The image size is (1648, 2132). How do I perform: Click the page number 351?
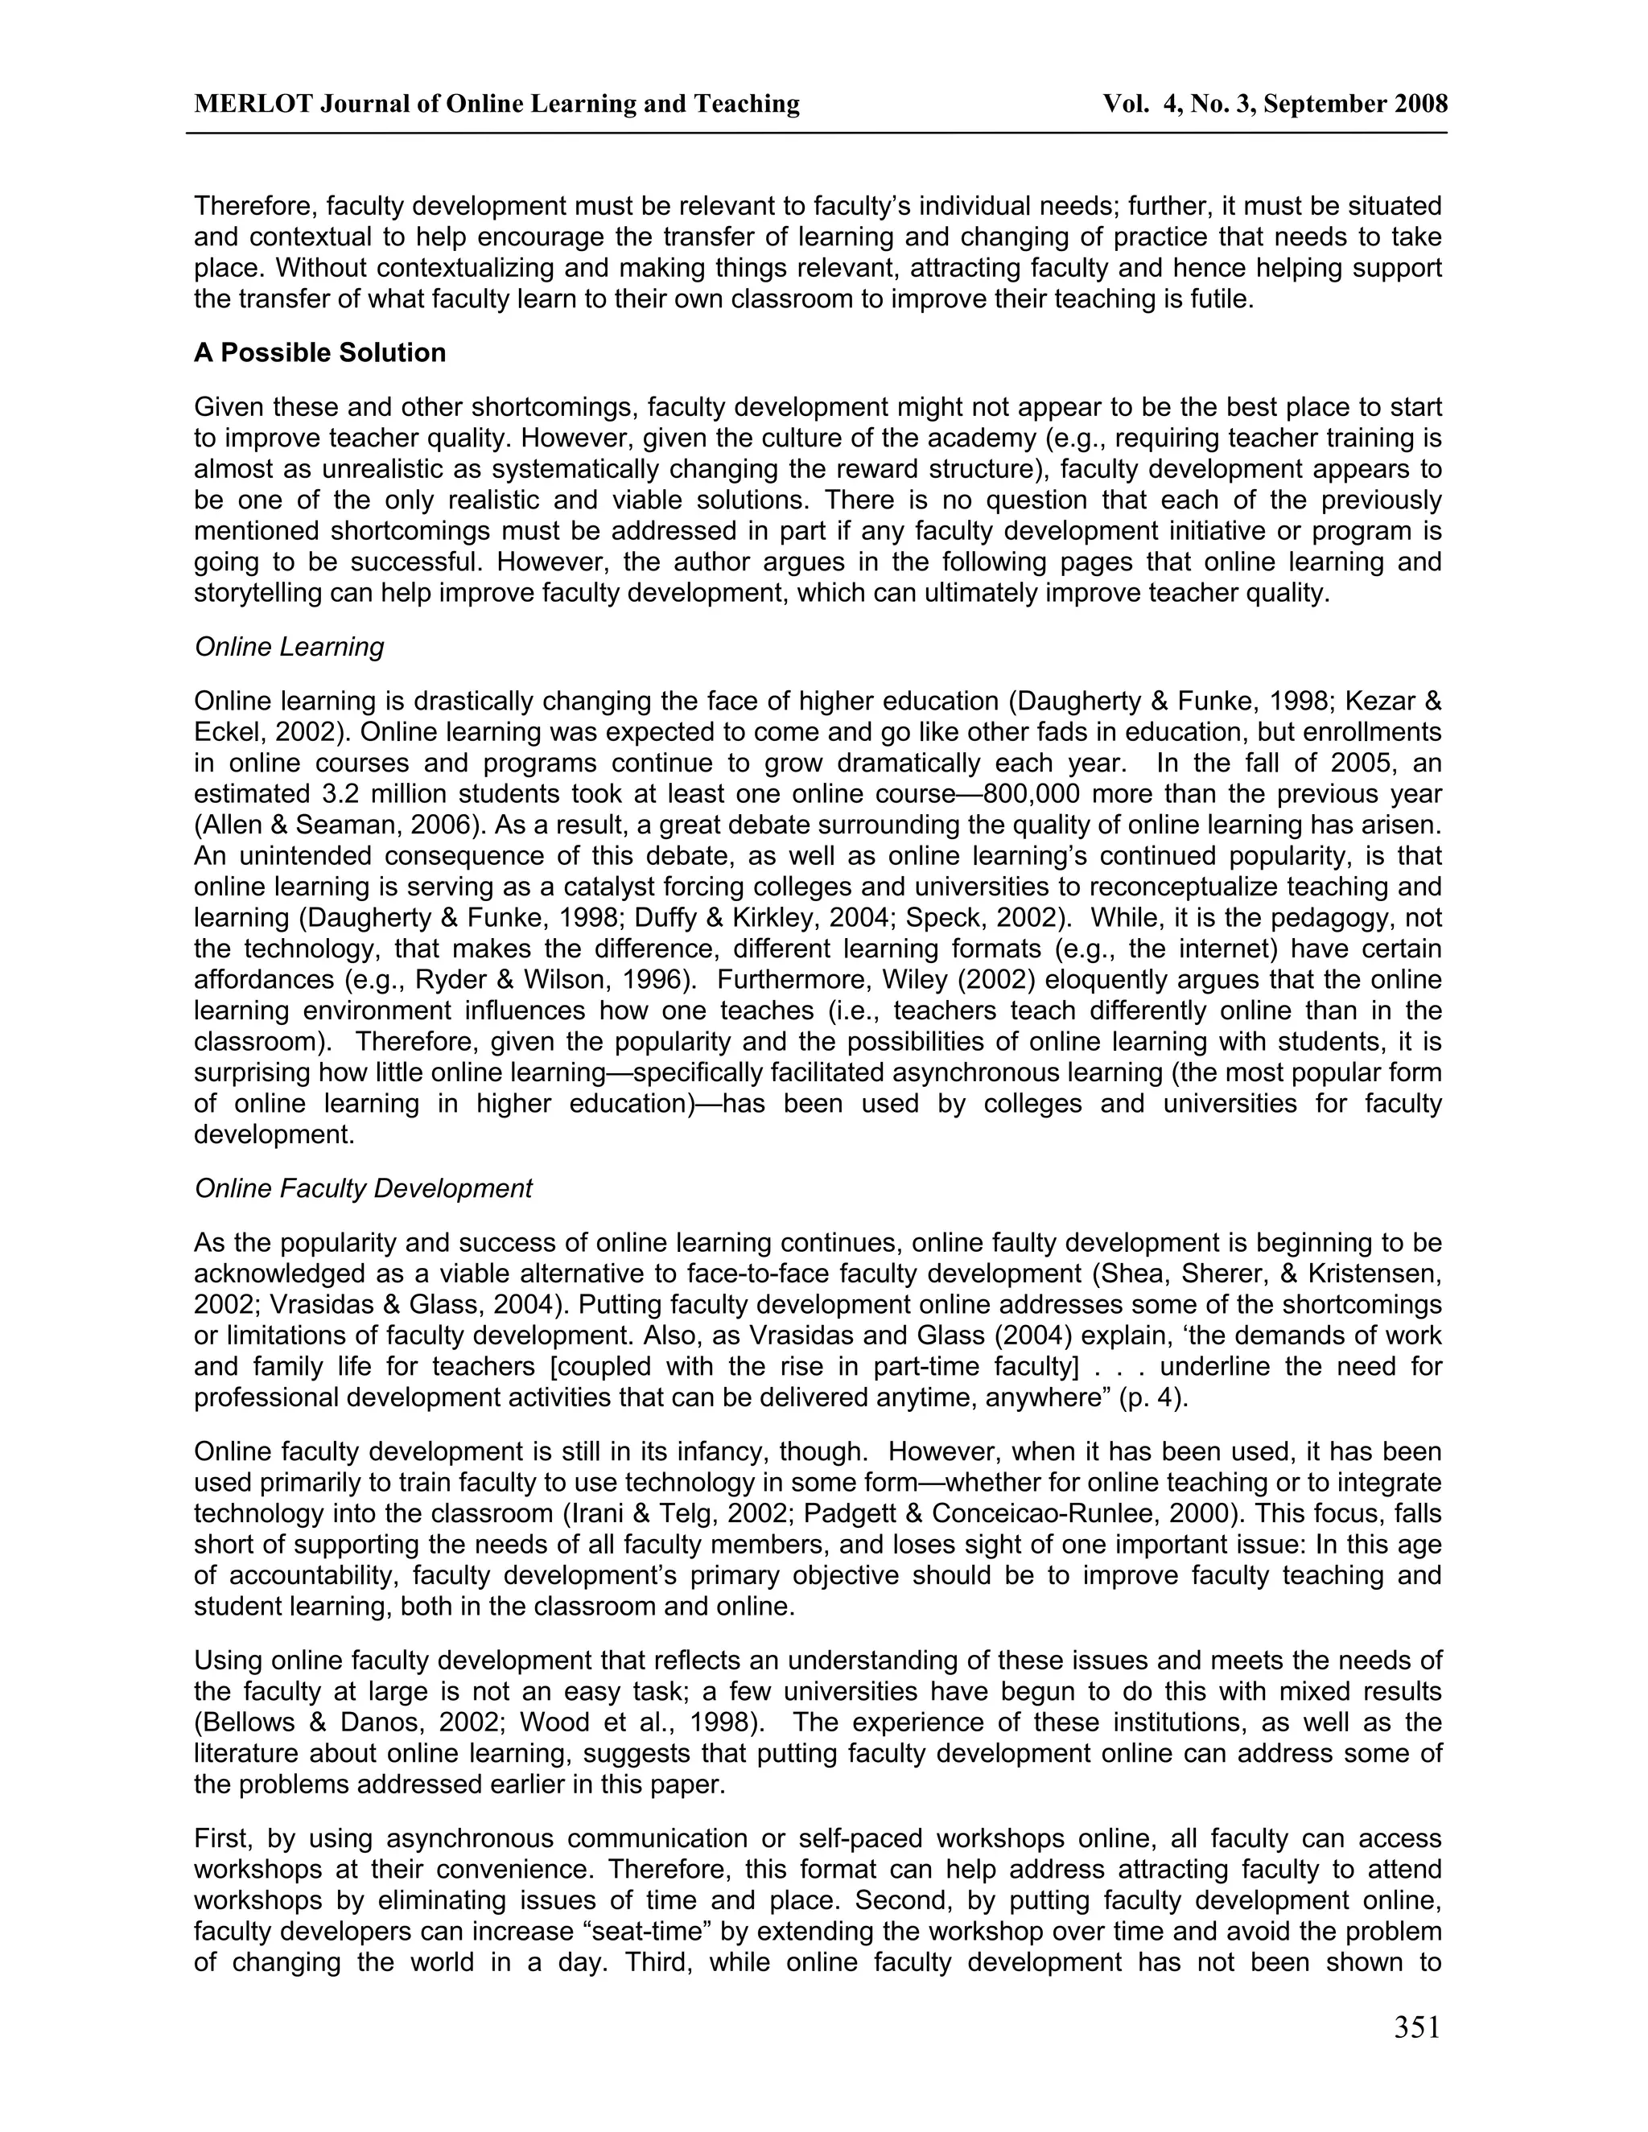1416,2027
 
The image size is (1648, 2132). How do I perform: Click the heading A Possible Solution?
319,352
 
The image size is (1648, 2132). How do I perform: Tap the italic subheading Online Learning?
289,646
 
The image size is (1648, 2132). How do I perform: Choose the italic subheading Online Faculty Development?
363,1188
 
